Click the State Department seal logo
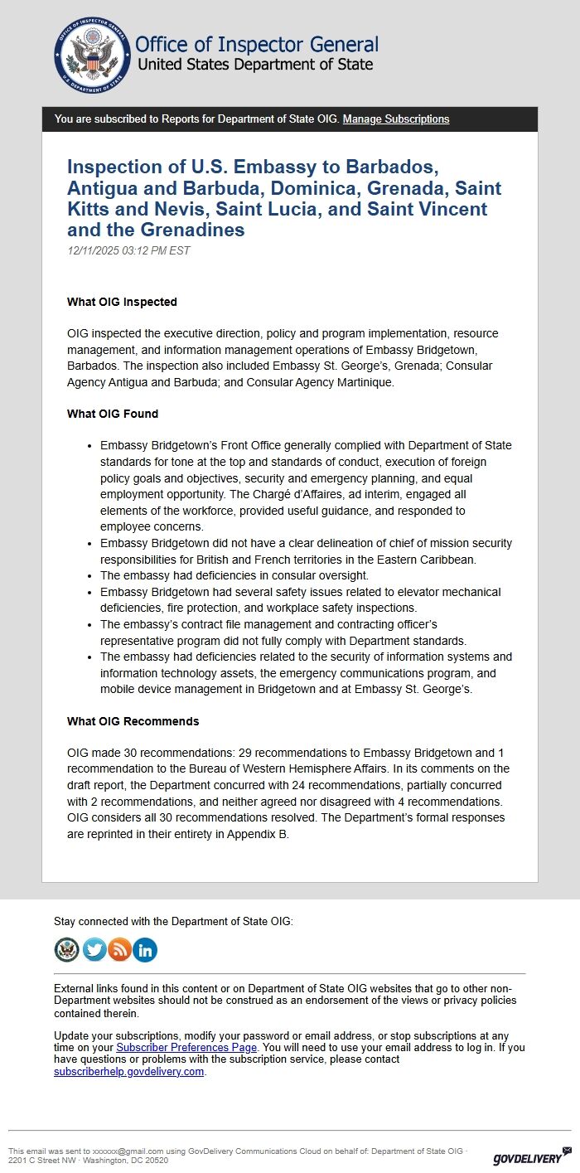92,55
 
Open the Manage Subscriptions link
396,119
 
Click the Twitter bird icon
94,949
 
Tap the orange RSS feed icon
119,949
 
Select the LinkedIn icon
145,949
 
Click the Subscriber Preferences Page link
186,1047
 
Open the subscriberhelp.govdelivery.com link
128,1071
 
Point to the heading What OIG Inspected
122,302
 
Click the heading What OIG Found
113,414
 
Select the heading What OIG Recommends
133,721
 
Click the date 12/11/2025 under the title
93,250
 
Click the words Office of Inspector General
256,45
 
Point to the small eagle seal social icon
66,949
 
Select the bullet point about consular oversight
234,575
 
